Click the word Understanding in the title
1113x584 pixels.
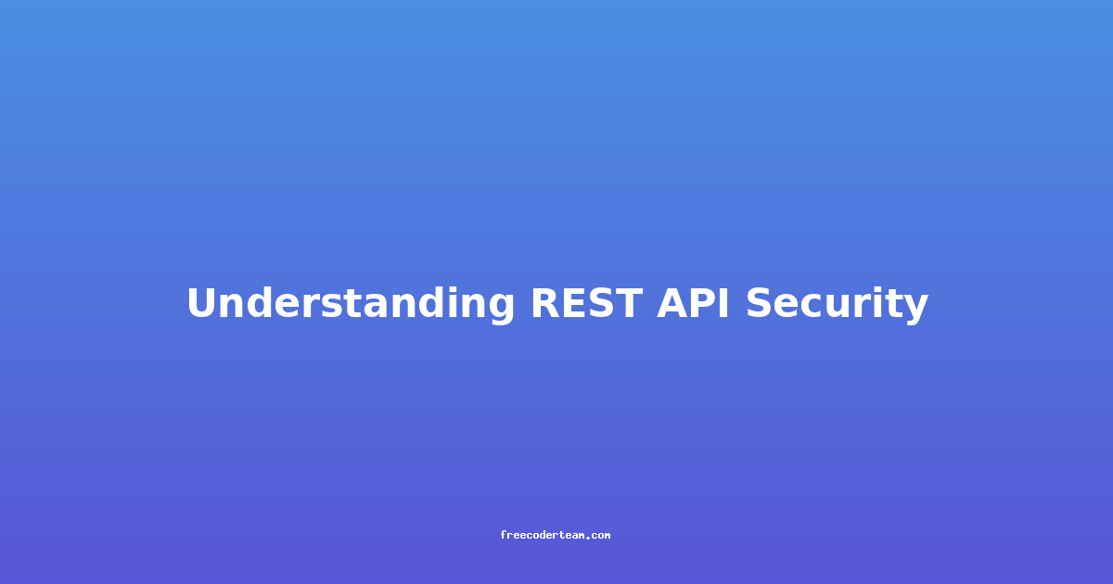351,304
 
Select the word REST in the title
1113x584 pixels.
587,303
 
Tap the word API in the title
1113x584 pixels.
693,303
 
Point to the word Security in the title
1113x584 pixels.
837,304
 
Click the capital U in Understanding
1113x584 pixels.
202,303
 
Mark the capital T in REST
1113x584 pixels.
629,303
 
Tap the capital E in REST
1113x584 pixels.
575,303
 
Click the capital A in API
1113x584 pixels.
673,303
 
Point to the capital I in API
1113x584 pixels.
725,303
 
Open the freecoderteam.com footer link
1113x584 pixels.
555,535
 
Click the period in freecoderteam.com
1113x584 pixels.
588,538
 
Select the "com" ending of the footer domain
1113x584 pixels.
601,536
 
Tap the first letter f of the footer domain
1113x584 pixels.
503,535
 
